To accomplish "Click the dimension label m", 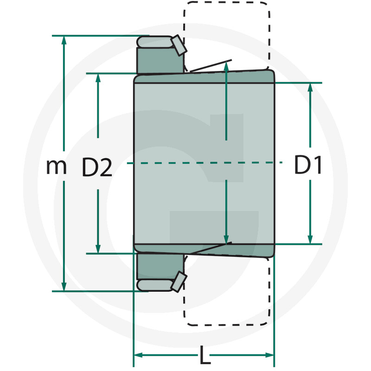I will [x=56, y=167].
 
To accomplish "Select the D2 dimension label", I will [x=97, y=167].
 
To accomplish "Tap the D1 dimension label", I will [x=308, y=166].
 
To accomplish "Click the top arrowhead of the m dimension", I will [x=64, y=40].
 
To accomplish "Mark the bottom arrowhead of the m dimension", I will [x=64, y=287].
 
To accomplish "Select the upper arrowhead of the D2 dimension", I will [x=98, y=78].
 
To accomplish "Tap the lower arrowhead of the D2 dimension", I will [x=98, y=249].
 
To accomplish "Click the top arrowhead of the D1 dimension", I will [x=310, y=88].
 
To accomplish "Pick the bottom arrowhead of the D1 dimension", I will [x=310, y=239].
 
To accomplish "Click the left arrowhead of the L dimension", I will [x=139, y=355].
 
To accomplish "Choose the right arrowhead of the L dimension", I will [x=269, y=355].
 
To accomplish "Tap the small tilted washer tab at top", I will [x=179, y=45].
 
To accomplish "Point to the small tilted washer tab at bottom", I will [x=179, y=282].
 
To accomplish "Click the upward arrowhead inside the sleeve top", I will [x=226, y=66].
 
